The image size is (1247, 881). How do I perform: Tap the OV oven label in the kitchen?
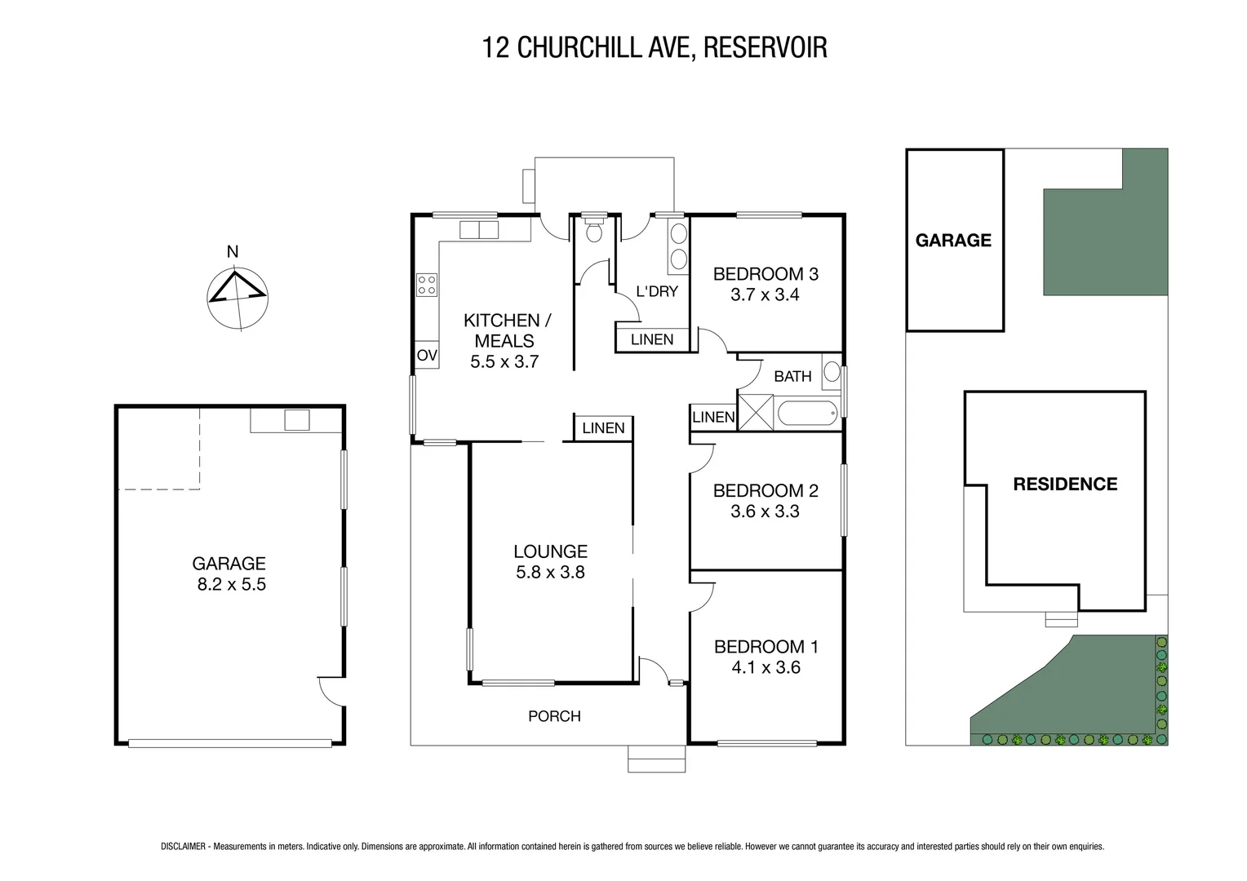click(x=427, y=355)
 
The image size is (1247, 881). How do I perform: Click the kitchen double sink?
click(x=478, y=230)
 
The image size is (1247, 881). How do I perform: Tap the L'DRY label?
click(x=657, y=291)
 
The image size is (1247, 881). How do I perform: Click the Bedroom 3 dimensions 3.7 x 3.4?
click(x=765, y=295)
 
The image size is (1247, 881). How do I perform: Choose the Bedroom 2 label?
click(x=765, y=490)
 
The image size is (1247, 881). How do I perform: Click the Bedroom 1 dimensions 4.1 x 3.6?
click(x=766, y=667)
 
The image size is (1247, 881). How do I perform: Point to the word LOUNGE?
click(x=550, y=551)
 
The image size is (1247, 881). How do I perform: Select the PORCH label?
click(x=554, y=716)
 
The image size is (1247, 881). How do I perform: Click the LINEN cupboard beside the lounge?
click(x=603, y=428)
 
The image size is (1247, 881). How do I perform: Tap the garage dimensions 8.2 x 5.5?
click(x=231, y=584)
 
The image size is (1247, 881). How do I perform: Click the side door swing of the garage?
click(x=331, y=691)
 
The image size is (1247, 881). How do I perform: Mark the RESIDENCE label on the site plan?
click(x=1064, y=484)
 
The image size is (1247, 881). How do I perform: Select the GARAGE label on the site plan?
click(x=953, y=240)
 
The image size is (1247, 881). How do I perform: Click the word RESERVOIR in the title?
click(x=765, y=47)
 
